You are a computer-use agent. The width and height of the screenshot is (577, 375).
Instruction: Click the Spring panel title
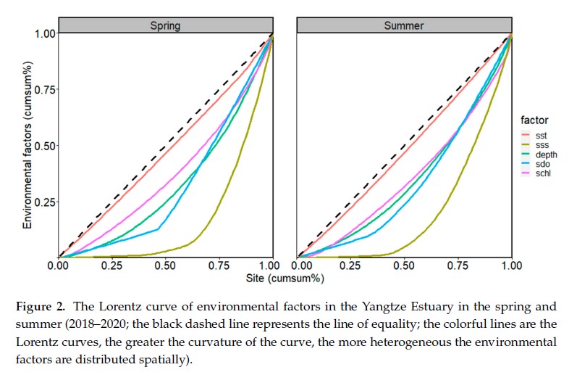pos(165,25)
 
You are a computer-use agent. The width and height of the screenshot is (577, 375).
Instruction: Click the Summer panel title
pos(404,25)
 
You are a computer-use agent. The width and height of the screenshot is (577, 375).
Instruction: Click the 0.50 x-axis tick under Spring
pos(165,266)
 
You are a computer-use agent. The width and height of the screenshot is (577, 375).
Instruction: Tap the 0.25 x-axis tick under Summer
pos(351,266)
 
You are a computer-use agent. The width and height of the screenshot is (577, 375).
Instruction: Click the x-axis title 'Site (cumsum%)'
pos(286,278)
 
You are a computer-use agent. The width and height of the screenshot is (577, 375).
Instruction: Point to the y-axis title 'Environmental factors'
pos(27,145)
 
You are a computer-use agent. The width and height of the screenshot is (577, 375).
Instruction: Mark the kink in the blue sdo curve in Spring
pos(159,229)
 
